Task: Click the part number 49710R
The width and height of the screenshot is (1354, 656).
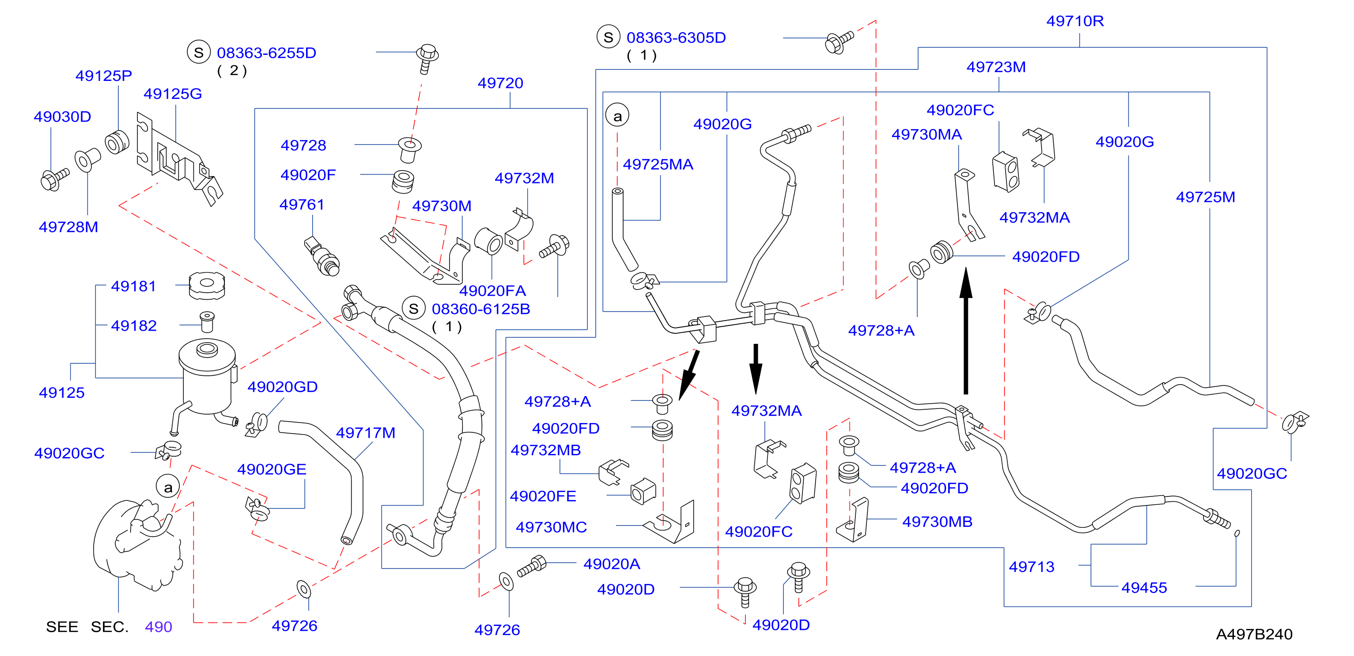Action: [x=1074, y=21]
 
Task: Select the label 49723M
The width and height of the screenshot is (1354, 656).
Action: [x=995, y=67]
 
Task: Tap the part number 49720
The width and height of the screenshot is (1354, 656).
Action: [x=500, y=83]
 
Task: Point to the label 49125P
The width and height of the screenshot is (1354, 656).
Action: [x=103, y=76]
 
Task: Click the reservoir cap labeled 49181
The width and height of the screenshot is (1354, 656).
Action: [x=207, y=286]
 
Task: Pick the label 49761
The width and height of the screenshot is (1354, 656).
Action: [x=302, y=204]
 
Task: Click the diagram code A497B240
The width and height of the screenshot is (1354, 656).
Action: [x=1254, y=634]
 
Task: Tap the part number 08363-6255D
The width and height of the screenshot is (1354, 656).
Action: [x=266, y=53]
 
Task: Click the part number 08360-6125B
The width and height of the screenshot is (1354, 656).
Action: [x=480, y=309]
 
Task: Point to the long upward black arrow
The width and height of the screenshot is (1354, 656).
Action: [x=965, y=330]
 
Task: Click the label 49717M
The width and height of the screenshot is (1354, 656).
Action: [x=365, y=432]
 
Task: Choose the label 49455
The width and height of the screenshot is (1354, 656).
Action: [x=1144, y=587]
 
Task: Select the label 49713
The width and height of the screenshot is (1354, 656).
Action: [x=1031, y=567]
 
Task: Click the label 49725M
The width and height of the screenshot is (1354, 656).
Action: [x=1205, y=197]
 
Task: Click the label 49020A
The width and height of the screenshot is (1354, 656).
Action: [x=611, y=564]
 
